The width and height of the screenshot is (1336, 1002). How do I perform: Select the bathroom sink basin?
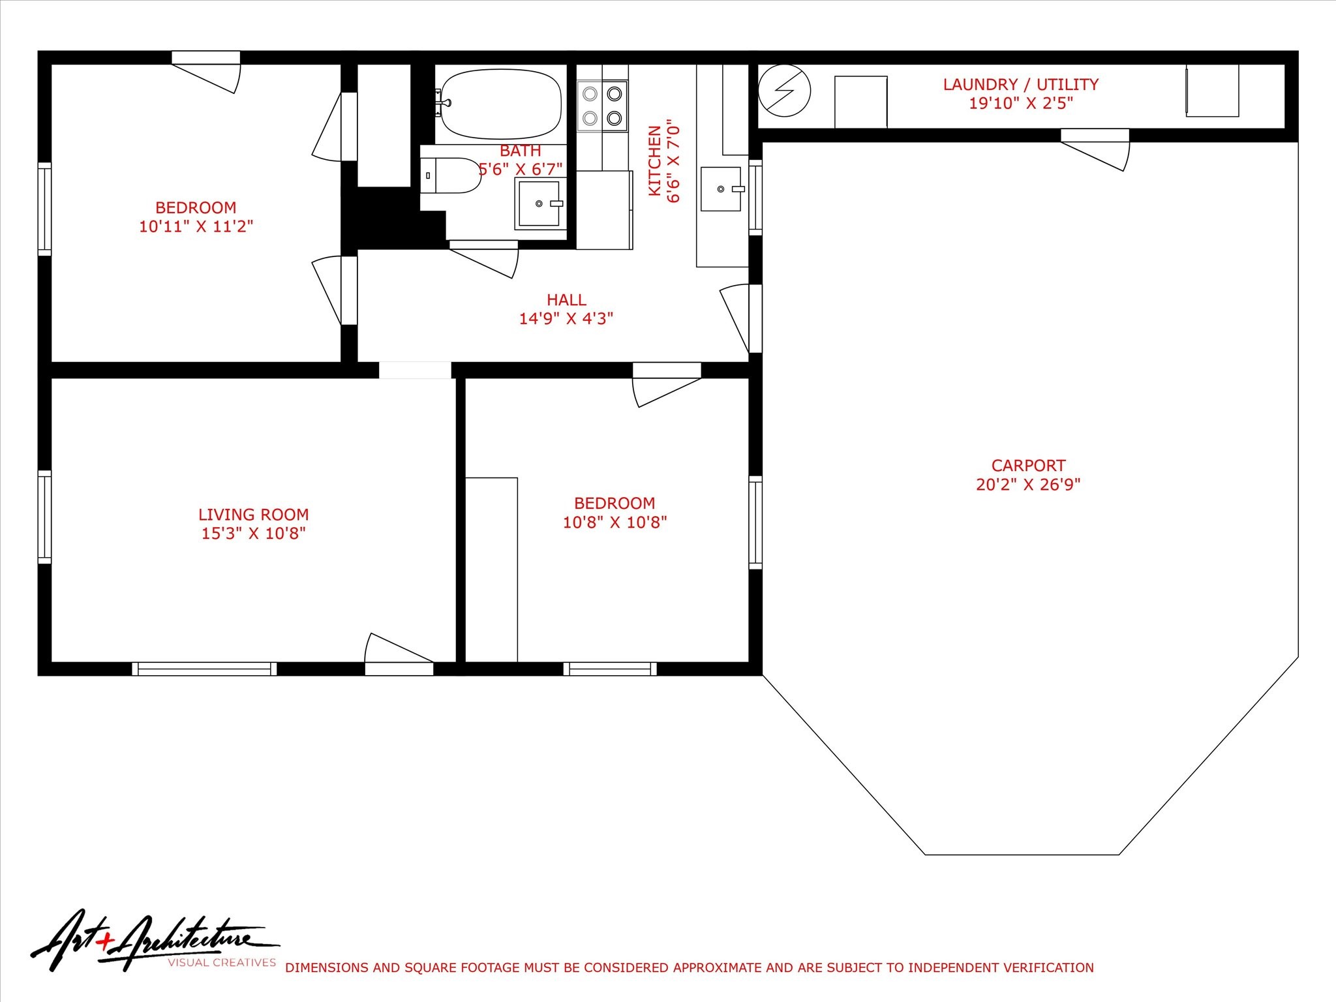[x=538, y=204]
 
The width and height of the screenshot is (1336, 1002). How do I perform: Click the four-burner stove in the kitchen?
[x=602, y=106]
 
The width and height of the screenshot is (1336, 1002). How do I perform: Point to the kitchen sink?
[x=721, y=189]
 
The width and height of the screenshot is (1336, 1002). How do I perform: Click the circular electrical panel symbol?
[x=785, y=91]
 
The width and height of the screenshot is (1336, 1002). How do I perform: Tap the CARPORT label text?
[x=1028, y=466]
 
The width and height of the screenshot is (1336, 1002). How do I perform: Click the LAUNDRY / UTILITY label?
[x=1020, y=85]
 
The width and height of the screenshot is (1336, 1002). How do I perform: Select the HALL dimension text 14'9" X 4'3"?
[x=566, y=318]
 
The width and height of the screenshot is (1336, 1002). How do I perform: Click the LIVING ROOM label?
[x=253, y=515]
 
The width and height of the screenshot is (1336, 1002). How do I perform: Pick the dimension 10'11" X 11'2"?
[x=196, y=226]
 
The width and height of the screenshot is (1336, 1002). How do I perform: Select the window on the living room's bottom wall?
[x=204, y=669]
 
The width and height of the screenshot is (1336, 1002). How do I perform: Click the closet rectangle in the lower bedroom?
[x=491, y=569]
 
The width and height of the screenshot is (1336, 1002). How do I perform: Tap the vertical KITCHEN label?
[x=654, y=160]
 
